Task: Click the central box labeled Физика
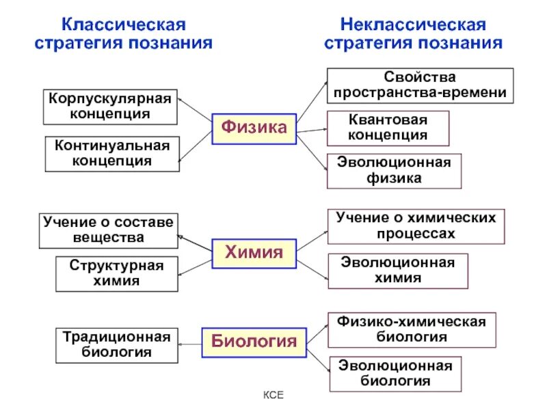pyautogui.click(x=254, y=128)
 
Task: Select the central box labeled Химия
pyautogui.click(x=254, y=253)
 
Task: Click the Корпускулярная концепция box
pyautogui.click(x=109, y=107)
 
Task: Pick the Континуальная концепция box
pyautogui.click(x=112, y=154)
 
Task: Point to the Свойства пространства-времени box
pyautogui.click(x=420, y=85)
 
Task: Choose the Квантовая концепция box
pyautogui.click(x=388, y=128)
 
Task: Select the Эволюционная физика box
pyautogui.click(x=394, y=171)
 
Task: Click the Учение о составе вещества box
pyautogui.click(x=108, y=230)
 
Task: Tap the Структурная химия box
pyautogui.click(x=116, y=273)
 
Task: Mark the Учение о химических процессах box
pyautogui.click(x=416, y=225)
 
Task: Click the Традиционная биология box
pyautogui.click(x=116, y=345)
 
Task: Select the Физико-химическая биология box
pyautogui.click(x=412, y=329)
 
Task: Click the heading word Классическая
pyautogui.click(x=124, y=25)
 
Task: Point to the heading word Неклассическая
pyautogui.click(x=413, y=25)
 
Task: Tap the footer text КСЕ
pyautogui.click(x=273, y=396)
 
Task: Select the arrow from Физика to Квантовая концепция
pyautogui.click(x=312, y=129)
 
